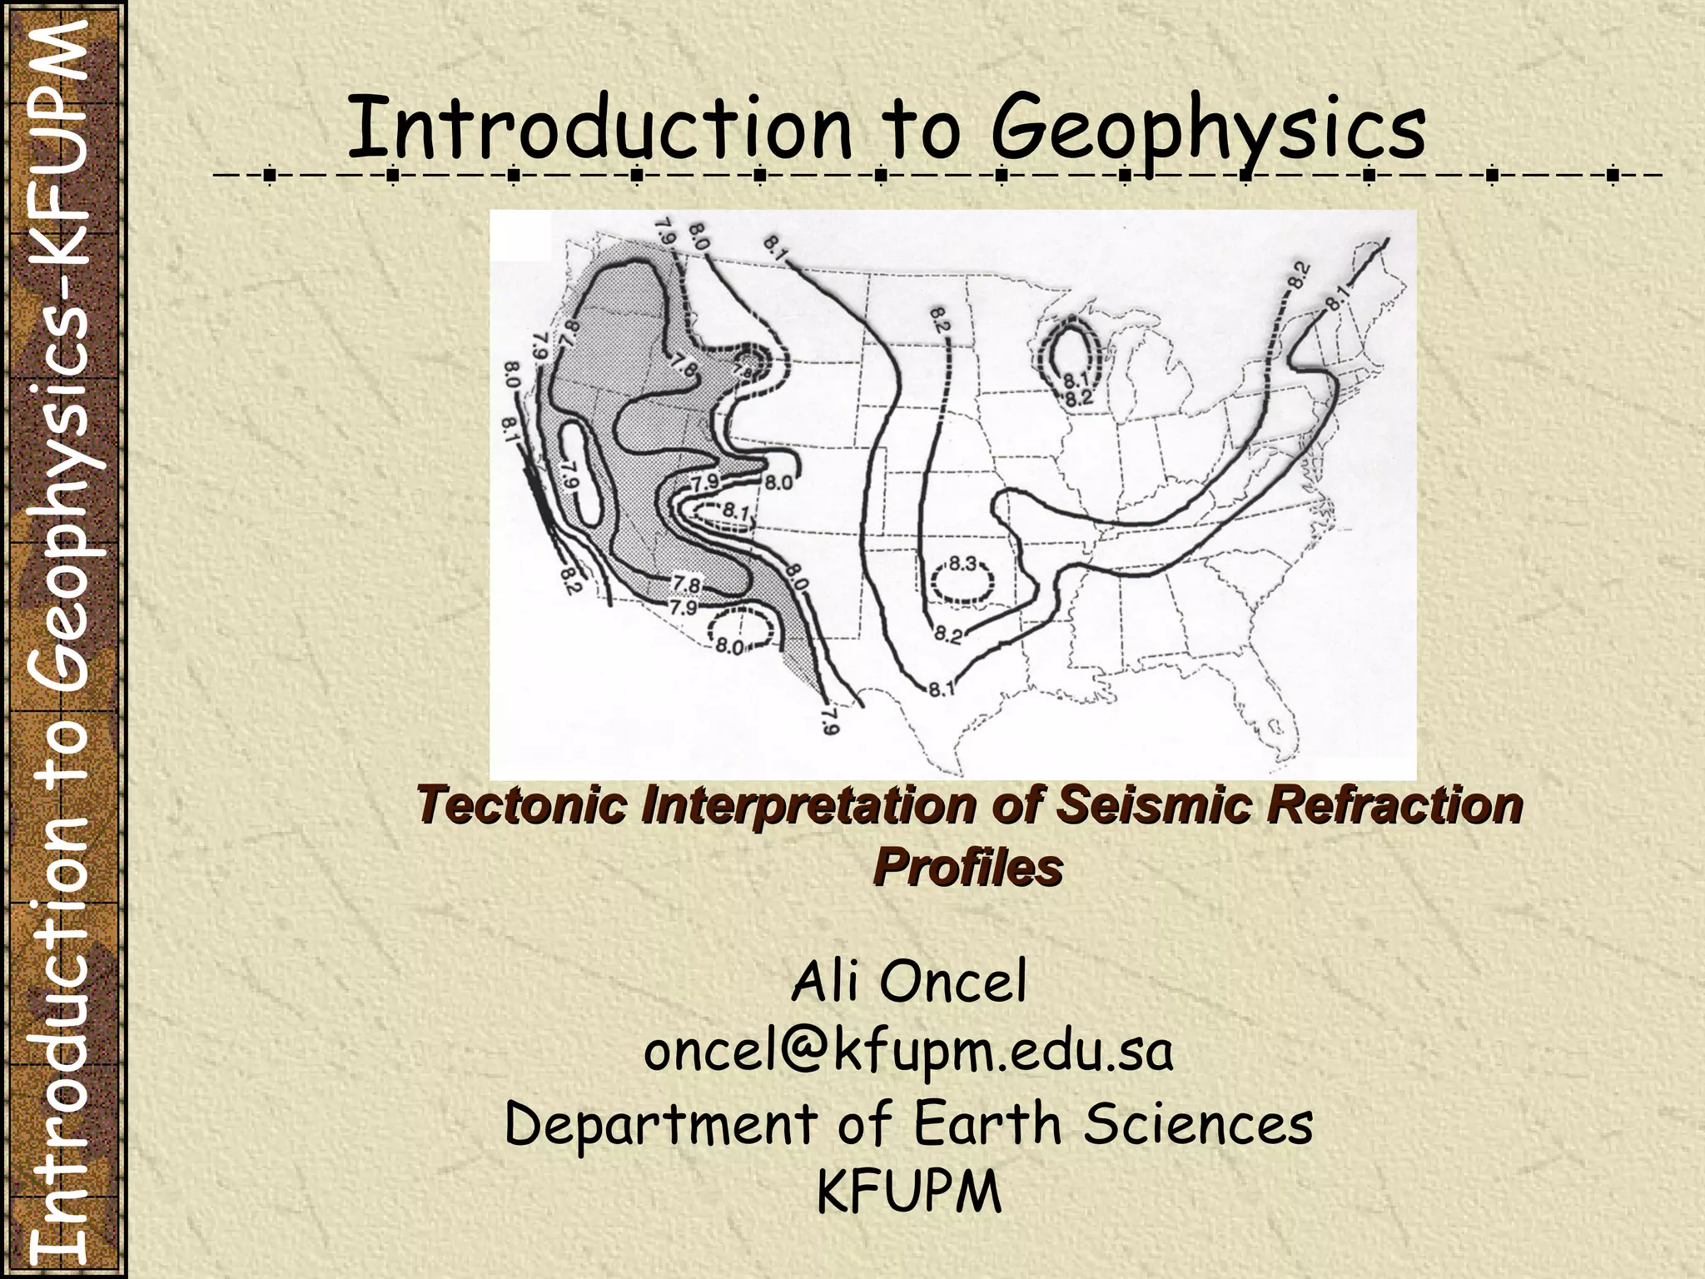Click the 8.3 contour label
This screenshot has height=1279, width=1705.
[963, 565]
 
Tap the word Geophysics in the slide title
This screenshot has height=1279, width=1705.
[1208, 129]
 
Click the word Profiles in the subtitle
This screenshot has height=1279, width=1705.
[968, 868]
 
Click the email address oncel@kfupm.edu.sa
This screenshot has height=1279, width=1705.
[908, 1051]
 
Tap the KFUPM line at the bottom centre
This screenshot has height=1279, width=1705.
[908, 1192]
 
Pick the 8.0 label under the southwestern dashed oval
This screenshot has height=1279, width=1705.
[729, 646]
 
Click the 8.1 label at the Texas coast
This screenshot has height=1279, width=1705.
[942, 689]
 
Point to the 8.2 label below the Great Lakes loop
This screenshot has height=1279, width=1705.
[1078, 398]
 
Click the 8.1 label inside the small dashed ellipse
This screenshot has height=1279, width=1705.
[735, 511]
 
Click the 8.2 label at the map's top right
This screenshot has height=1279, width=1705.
[1300, 274]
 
